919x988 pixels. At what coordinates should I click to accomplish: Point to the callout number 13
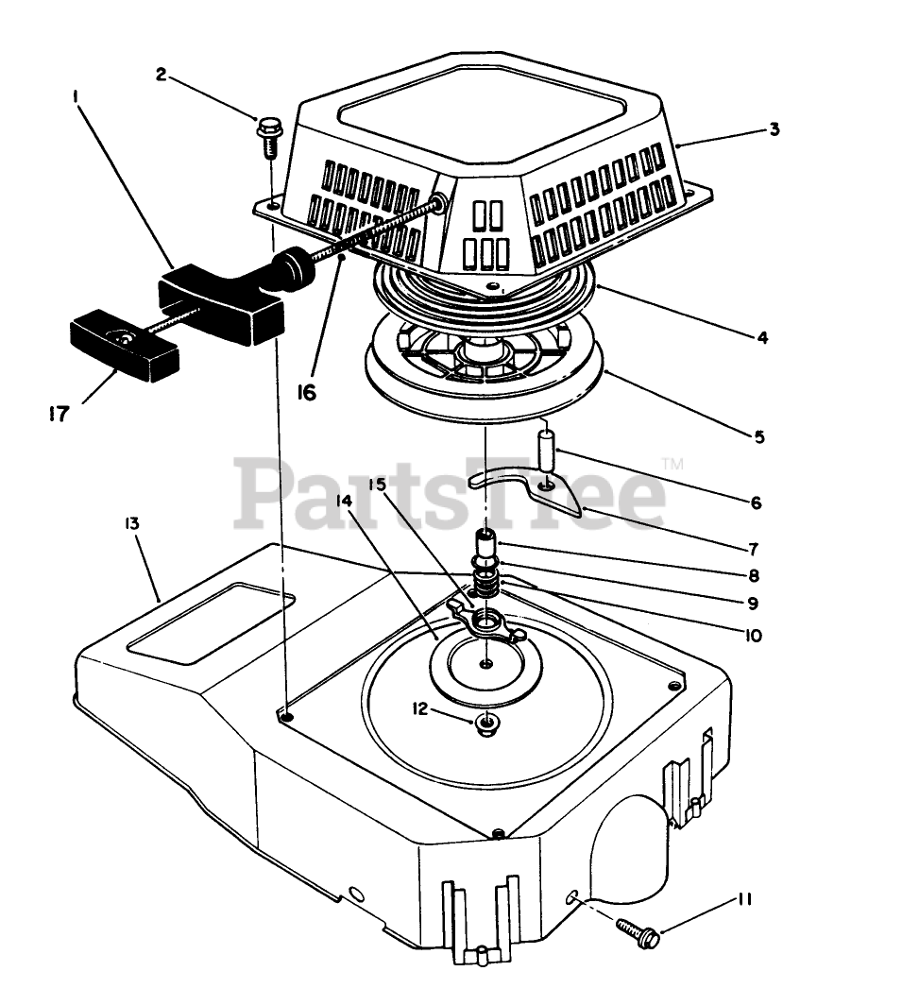coord(130,522)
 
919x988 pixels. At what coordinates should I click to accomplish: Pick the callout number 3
coord(774,129)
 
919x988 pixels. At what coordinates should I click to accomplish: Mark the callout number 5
coord(758,436)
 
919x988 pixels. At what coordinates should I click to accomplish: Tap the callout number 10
coord(753,636)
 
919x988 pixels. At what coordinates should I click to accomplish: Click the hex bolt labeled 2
coord(270,131)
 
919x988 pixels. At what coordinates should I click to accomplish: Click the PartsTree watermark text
coord(453,491)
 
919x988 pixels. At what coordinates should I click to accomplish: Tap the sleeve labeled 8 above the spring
coord(486,547)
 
